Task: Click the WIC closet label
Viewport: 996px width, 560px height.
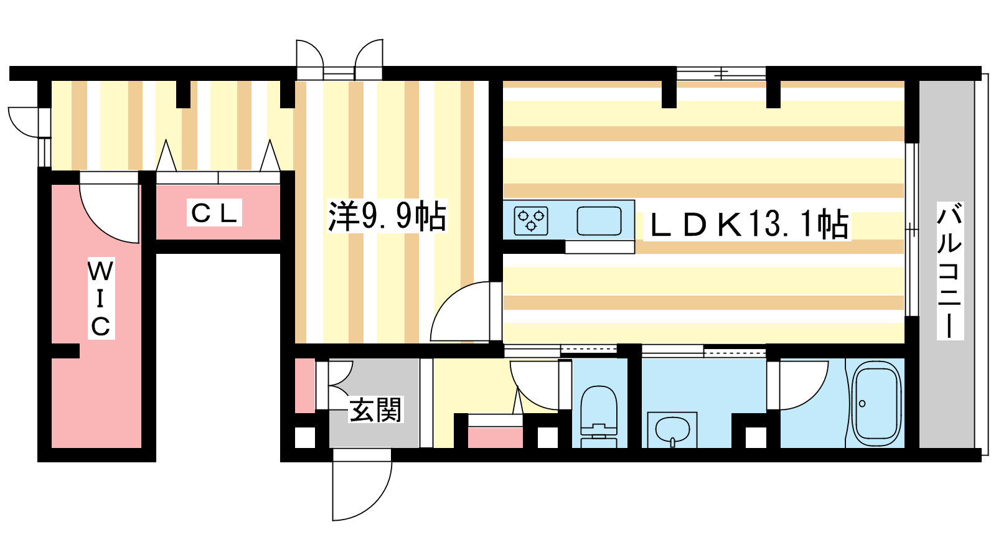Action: pyautogui.click(x=101, y=299)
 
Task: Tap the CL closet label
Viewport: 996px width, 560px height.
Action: pyautogui.click(x=214, y=213)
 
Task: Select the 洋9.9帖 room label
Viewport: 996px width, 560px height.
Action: pyautogui.click(x=387, y=217)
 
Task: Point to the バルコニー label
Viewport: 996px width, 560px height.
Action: pyautogui.click(x=950, y=271)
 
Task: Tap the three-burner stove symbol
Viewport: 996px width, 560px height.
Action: pyautogui.click(x=531, y=221)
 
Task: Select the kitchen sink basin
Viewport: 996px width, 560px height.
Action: pyautogui.click(x=599, y=221)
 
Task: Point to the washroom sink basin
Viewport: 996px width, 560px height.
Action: pyautogui.click(x=672, y=430)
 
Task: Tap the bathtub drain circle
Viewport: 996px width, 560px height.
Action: pyautogui.click(x=862, y=404)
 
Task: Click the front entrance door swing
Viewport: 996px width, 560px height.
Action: pyautogui.click(x=362, y=485)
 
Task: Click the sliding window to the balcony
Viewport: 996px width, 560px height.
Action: pyautogui.click(x=912, y=230)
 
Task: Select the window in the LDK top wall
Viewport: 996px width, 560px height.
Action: pyautogui.click(x=721, y=73)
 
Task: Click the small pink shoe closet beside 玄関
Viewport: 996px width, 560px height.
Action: pyautogui.click(x=305, y=385)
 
